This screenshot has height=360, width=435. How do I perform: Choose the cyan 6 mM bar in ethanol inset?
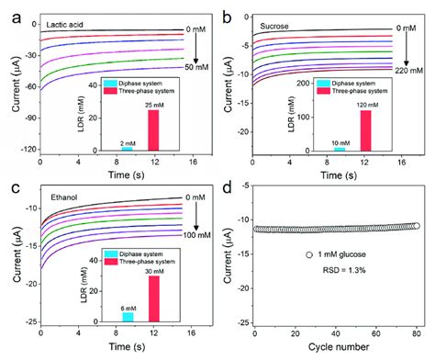click(x=128, y=316)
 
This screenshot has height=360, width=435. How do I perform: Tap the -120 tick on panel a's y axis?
click(x=26, y=148)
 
